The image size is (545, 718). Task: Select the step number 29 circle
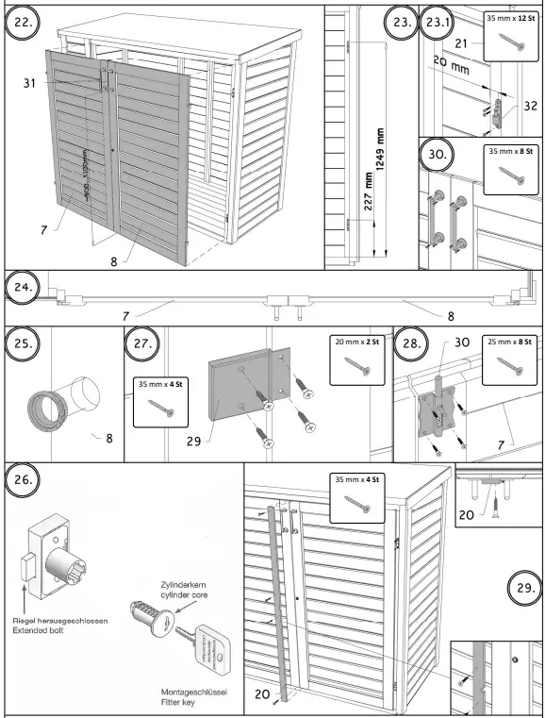pos(524,590)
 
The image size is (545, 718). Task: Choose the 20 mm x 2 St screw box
pos(356,359)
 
